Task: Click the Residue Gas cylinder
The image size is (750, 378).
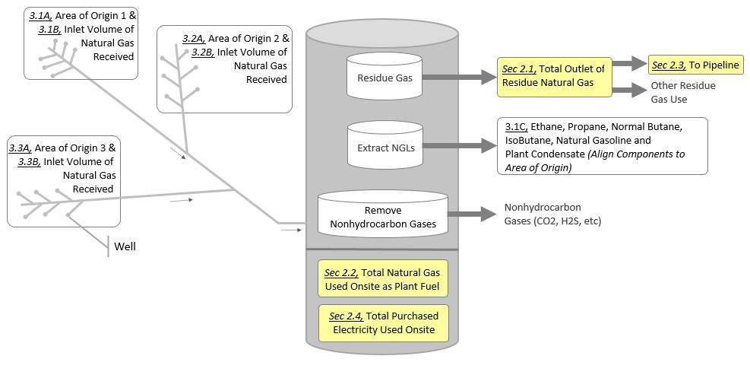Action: tap(384, 77)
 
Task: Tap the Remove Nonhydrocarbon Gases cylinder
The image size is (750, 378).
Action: tap(382, 216)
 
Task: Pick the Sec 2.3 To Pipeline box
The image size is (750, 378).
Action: tap(695, 65)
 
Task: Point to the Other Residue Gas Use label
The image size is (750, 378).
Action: tap(682, 92)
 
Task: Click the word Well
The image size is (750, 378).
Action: tap(125, 246)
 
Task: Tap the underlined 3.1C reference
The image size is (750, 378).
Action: tap(515, 126)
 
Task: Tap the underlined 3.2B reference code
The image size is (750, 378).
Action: tap(202, 52)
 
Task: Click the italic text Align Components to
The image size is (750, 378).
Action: tap(636, 154)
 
